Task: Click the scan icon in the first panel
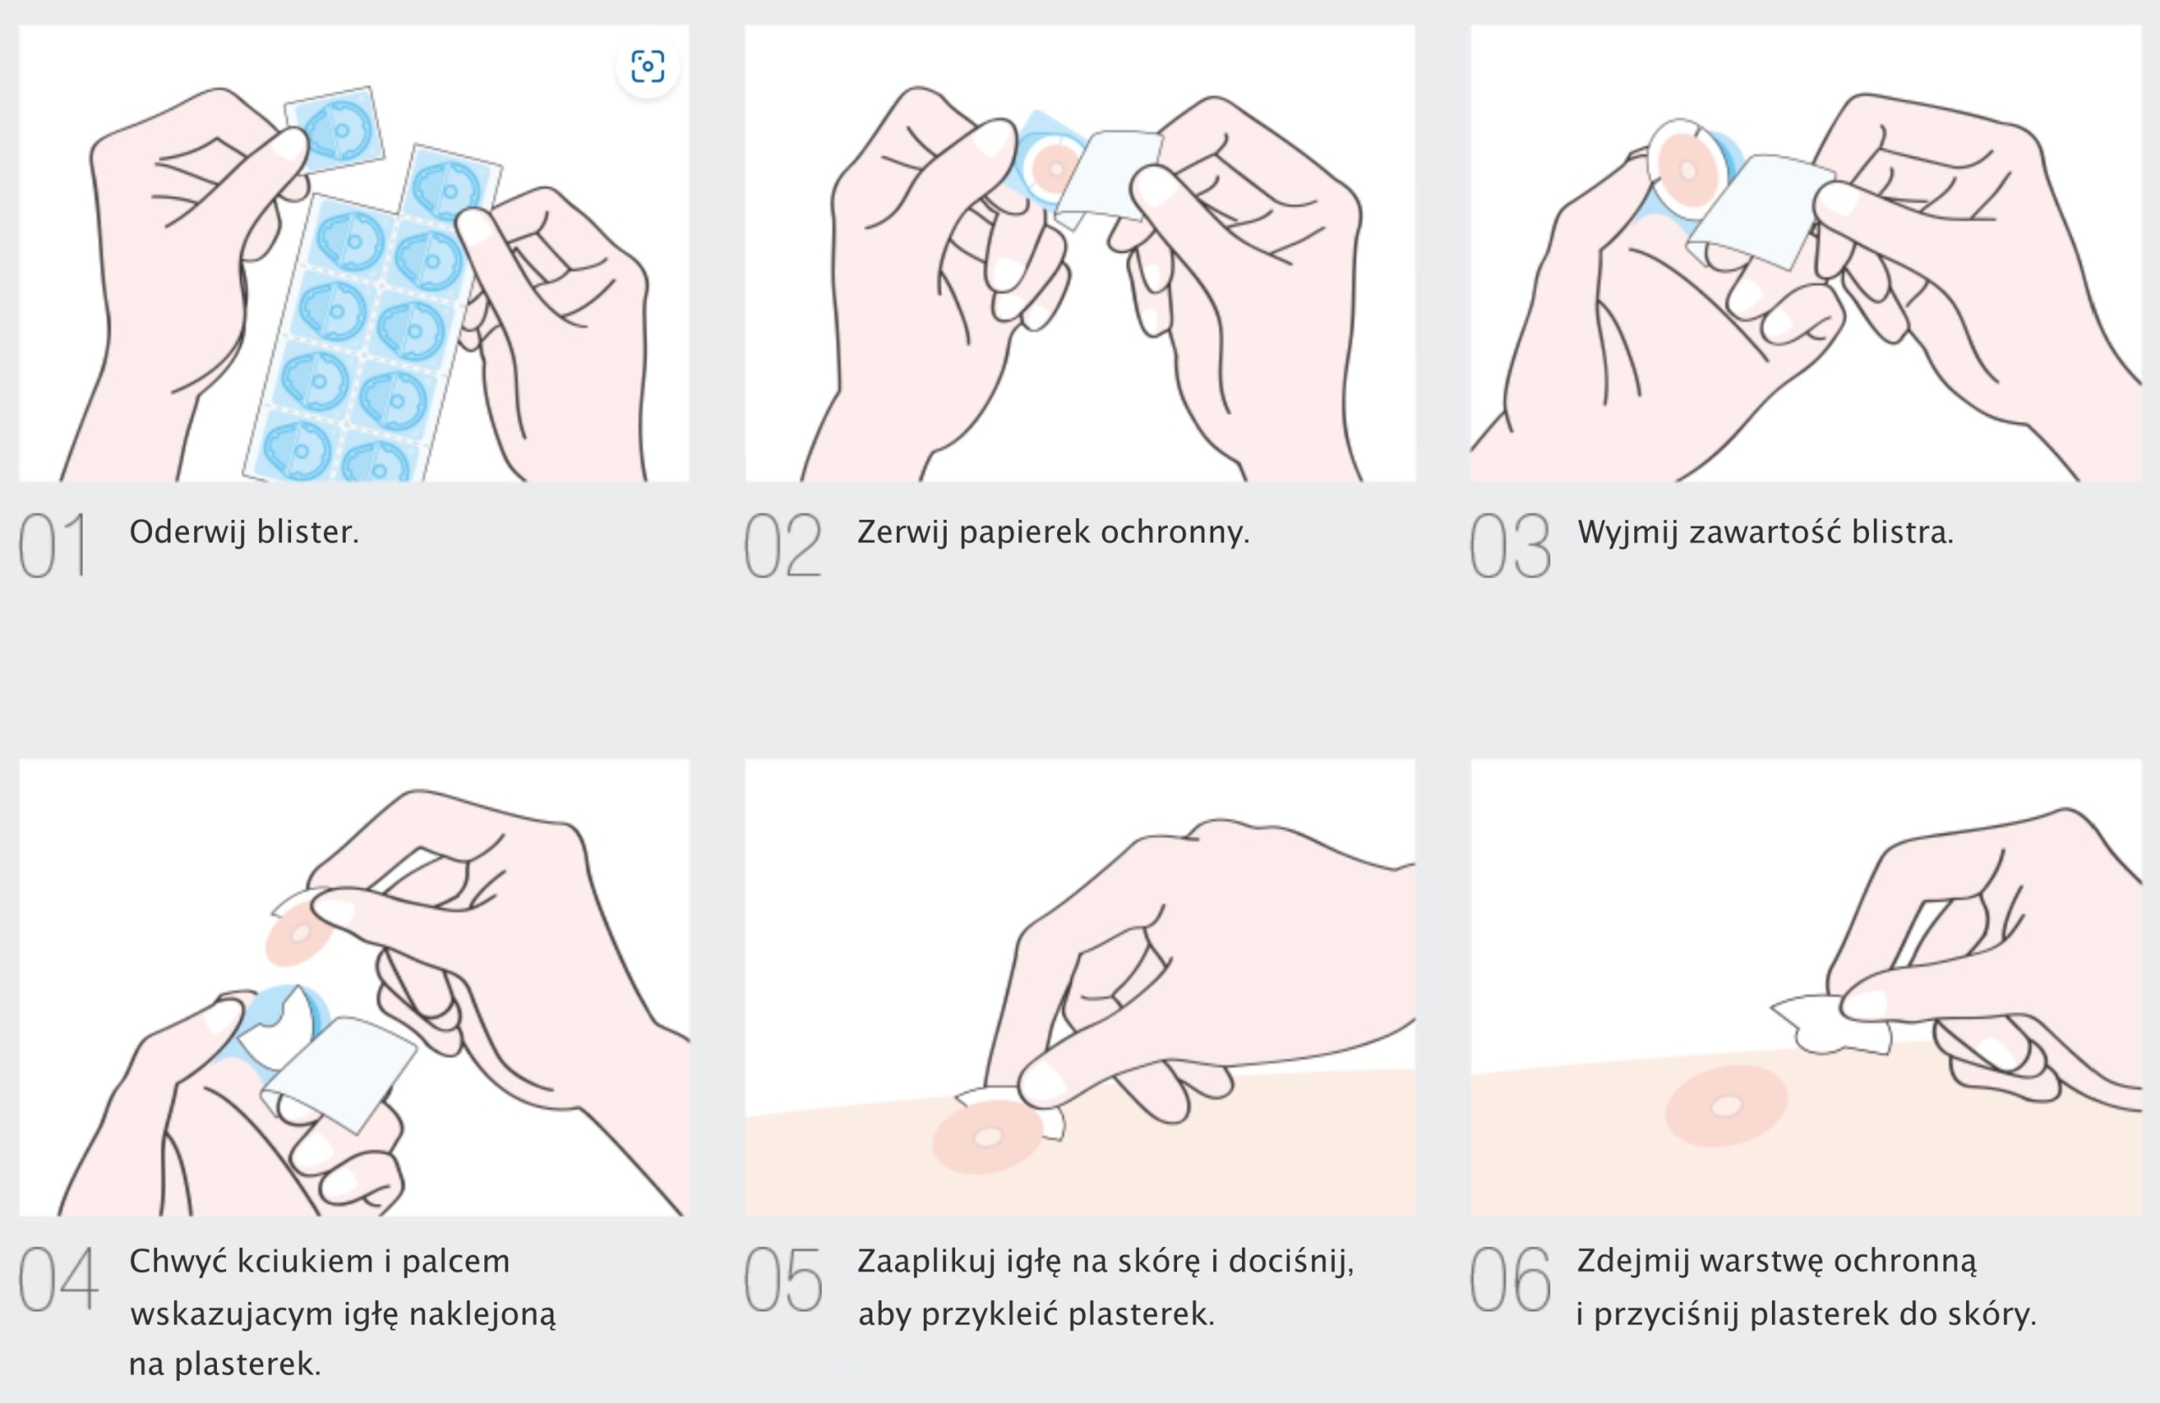click(647, 67)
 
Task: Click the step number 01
click(53, 544)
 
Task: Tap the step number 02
click(782, 544)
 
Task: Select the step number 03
click(1510, 544)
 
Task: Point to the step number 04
click(58, 1279)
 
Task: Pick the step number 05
click(783, 1279)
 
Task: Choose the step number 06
click(1510, 1279)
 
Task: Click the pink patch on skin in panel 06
click(1726, 1105)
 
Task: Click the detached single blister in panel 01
click(334, 129)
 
